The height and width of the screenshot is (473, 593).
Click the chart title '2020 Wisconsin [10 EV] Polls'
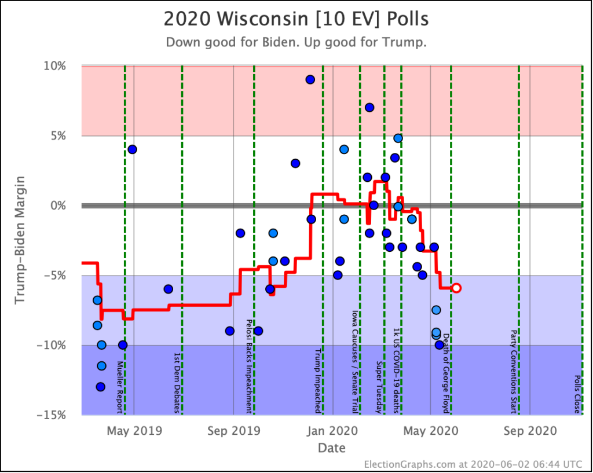click(x=296, y=19)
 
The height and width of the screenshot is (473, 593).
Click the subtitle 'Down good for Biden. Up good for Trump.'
click(x=296, y=43)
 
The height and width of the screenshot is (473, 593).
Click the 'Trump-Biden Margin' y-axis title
click(x=20, y=240)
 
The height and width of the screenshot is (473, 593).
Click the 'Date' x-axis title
click(x=331, y=448)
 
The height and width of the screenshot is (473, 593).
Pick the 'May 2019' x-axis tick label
click(x=134, y=431)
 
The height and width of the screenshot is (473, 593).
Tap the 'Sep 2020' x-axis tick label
click(x=530, y=431)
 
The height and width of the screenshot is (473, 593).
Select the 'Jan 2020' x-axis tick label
click(x=332, y=431)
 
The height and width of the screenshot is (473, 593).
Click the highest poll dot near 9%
click(x=310, y=80)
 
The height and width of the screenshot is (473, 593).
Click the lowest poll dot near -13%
click(x=100, y=387)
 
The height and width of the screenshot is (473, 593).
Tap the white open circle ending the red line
click(x=456, y=288)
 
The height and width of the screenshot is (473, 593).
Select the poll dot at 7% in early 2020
click(x=369, y=108)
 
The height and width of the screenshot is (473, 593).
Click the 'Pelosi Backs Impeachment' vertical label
click(x=249, y=366)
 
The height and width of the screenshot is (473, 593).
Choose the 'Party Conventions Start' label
click(x=513, y=372)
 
